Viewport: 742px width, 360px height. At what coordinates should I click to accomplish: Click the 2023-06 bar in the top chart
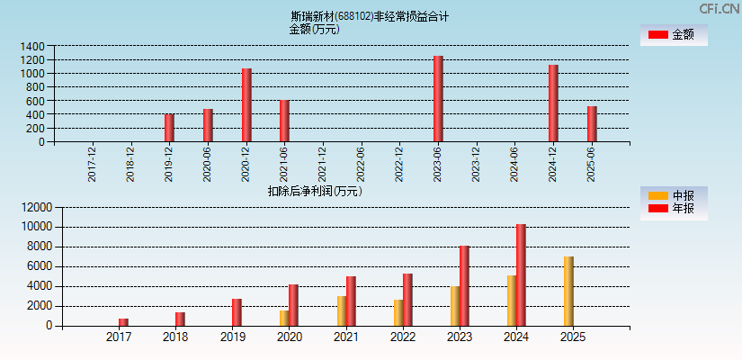coord(438,99)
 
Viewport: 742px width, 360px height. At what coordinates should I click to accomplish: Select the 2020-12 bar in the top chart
coord(246,105)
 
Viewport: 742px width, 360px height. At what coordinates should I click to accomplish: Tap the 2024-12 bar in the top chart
coord(553,103)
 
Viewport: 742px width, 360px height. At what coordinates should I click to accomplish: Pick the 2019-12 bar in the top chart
coord(169,128)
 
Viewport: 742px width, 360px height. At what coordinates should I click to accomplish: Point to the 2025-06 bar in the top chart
coord(592,124)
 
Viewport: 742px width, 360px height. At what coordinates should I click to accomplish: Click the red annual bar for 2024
coord(521,275)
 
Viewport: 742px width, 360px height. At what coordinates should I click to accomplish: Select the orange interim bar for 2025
coord(568,292)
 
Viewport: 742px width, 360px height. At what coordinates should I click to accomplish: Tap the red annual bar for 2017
coord(123,322)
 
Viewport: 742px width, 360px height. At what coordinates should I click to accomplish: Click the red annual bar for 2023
coord(464,286)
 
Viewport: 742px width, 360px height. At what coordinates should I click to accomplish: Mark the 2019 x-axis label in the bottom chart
coord(232,337)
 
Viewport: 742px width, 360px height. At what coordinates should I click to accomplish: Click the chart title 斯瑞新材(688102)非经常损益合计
coord(370,16)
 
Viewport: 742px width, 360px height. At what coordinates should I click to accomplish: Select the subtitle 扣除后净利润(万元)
coord(314,191)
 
